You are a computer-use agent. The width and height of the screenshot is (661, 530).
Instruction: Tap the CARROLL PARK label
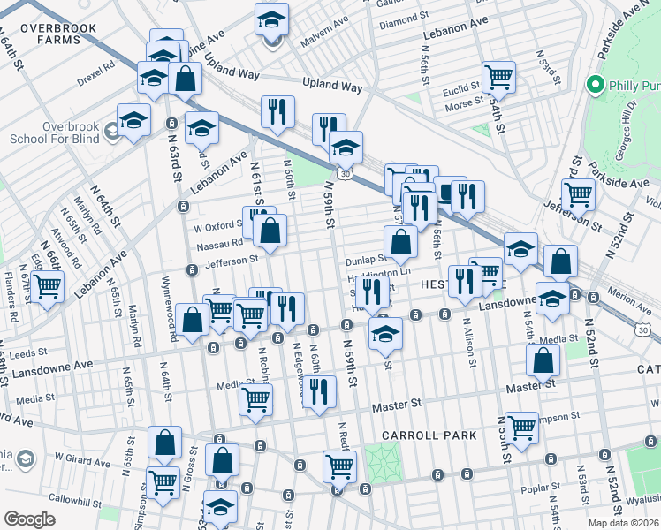(x=429, y=435)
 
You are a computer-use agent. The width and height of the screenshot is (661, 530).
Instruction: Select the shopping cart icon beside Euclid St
(x=498, y=78)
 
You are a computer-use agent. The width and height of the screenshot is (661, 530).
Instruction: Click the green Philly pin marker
(x=596, y=86)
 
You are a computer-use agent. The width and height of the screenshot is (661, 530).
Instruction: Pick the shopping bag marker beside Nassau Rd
(x=270, y=231)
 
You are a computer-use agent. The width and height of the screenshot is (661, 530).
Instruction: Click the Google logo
(x=30, y=519)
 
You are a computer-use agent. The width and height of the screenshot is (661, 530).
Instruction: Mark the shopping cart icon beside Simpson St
(x=521, y=428)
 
